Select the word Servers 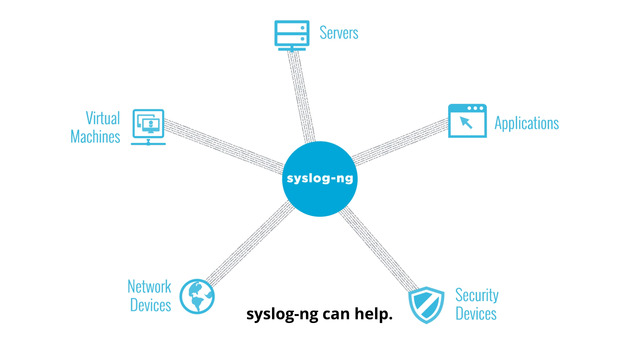tap(338, 33)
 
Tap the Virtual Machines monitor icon tap(149, 127)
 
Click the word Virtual tap(102, 117)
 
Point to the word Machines tap(96, 137)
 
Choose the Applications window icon tap(467, 122)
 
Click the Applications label tap(526, 123)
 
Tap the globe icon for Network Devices tap(197, 295)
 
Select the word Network tap(149, 287)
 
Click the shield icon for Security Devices tap(426, 304)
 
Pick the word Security tap(477, 295)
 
